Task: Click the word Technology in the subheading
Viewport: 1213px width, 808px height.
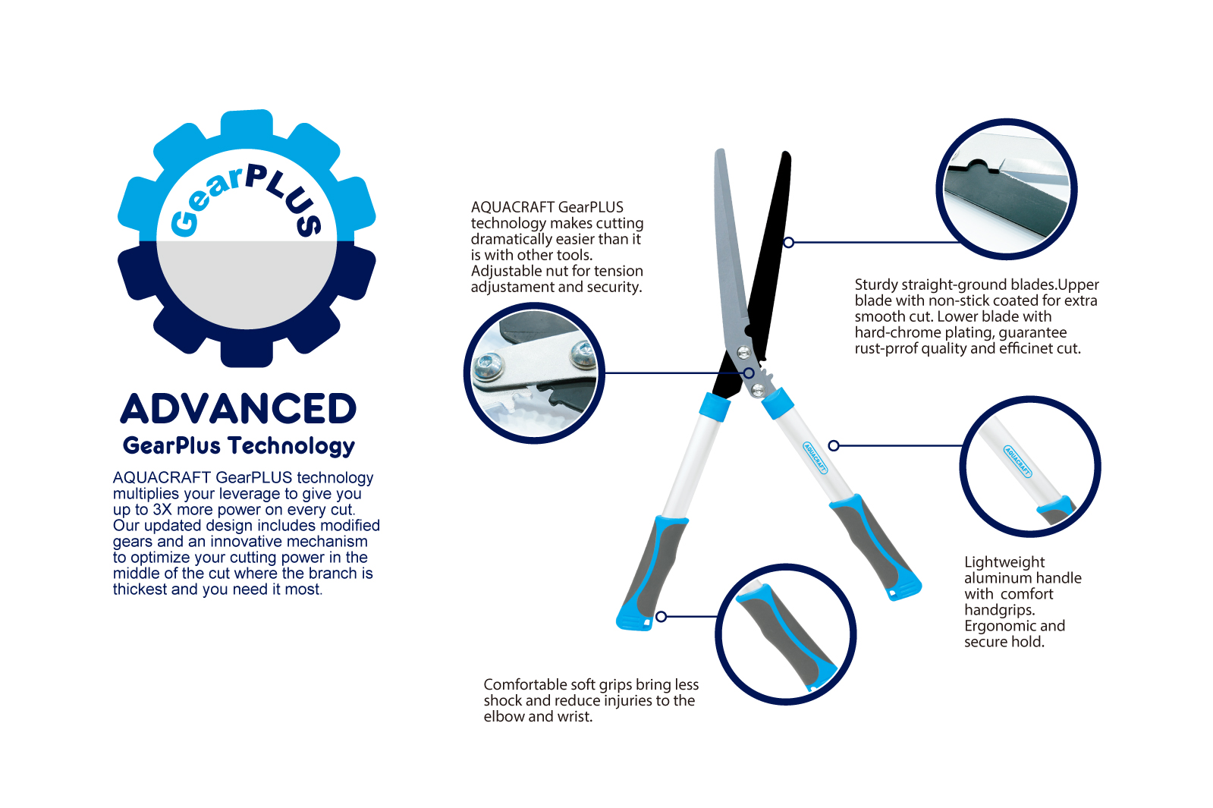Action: pos(291,445)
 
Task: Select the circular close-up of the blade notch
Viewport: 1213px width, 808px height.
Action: pos(1006,189)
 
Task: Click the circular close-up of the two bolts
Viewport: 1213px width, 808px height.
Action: pos(535,373)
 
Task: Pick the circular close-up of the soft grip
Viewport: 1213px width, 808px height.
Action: pos(786,634)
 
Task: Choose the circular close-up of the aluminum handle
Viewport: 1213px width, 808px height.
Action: pos(1030,467)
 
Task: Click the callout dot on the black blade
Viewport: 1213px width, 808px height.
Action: pos(788,243)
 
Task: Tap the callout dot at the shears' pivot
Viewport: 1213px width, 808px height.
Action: pos(749,373)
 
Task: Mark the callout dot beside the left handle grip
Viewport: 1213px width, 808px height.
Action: pos(661,616)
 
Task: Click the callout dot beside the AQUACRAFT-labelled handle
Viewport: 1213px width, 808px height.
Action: pos(834,445)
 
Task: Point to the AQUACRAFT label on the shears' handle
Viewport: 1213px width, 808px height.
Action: pos(815,457)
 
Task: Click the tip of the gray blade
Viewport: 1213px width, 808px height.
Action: pos(720,149)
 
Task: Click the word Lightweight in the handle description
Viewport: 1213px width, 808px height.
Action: pos(1004,563)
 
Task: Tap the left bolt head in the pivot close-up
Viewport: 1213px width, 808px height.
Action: pos(489,366)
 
